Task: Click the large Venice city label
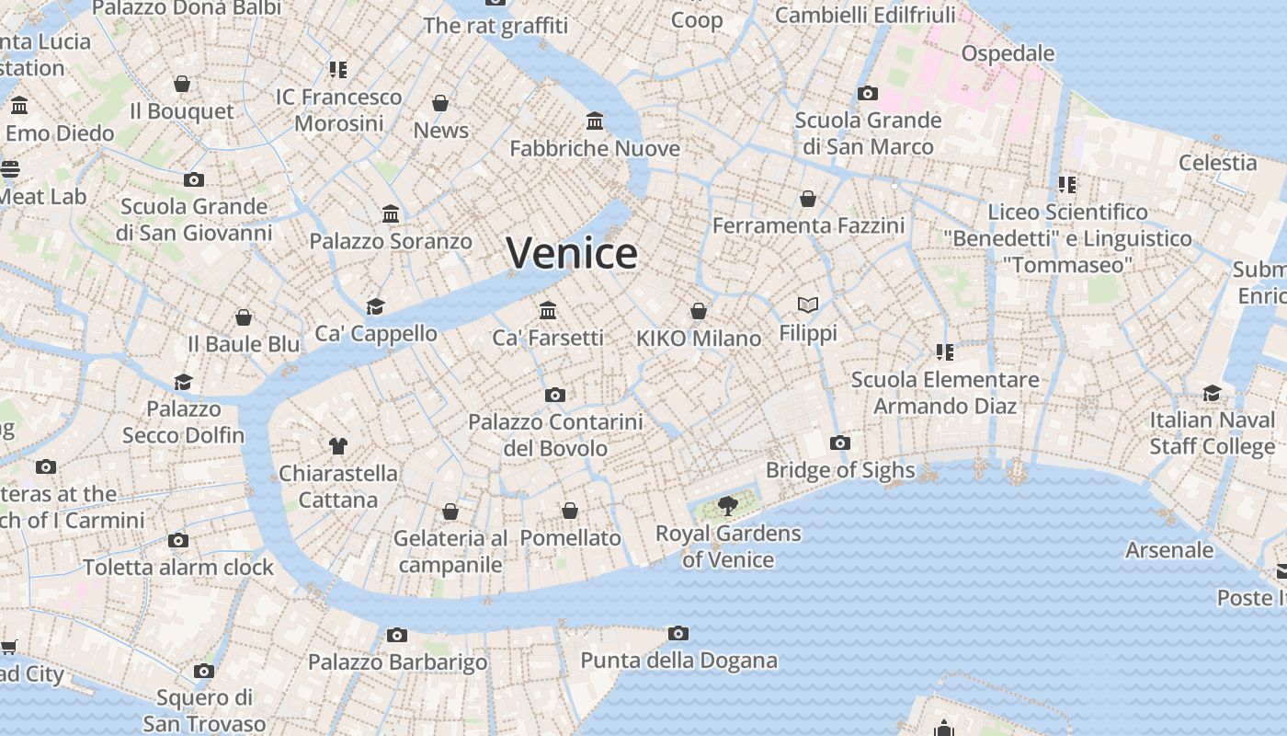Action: click(571, 253)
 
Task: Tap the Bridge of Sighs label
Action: click(840, 470)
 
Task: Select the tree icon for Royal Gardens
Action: click(727, 505)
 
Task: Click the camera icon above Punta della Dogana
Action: click(678, 633)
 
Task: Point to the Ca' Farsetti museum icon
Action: click(549, 310)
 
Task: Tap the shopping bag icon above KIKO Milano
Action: click(699, 311)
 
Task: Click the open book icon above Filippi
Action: click(808, 305)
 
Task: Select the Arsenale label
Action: click(1169, 550)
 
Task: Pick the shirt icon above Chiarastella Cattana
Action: click(338, 446)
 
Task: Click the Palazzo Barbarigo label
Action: click(397, 661)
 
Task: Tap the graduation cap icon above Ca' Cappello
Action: click(375, 306)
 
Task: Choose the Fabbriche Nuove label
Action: click(595, 148)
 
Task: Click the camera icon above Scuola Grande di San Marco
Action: click(867, 93)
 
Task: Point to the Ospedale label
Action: click(1008, 53)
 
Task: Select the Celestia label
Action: click(1217, 163)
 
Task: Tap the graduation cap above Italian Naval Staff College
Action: click(1212, 394)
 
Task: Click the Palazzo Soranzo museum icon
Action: click(391, 214)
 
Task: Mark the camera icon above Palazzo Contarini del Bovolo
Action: click(555, 395)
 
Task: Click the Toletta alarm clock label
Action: click(178, 567)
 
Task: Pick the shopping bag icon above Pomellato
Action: click(570, 511)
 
